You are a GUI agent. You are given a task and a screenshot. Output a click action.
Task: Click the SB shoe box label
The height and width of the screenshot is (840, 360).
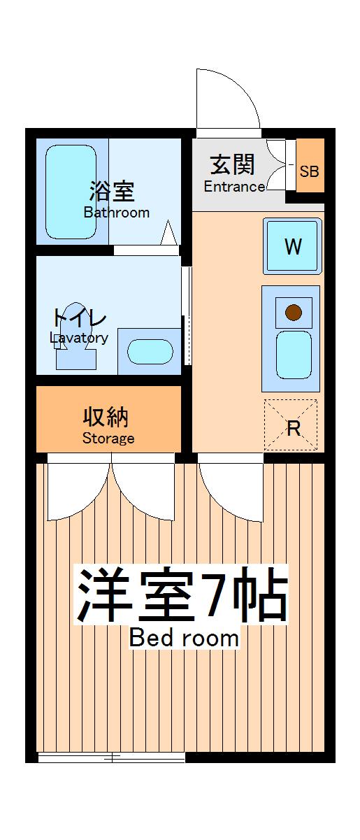310,170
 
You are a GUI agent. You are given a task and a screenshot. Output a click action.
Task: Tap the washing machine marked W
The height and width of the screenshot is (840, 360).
293,246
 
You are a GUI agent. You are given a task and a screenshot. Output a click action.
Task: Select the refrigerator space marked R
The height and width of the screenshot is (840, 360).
291,426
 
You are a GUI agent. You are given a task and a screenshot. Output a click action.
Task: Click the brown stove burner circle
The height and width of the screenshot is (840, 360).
293,312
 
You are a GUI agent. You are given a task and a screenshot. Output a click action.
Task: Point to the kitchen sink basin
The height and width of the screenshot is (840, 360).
293,354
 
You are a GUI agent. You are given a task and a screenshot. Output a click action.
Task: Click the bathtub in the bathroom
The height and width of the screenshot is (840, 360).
71,192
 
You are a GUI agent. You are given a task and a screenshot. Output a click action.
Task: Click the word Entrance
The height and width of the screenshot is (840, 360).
234,187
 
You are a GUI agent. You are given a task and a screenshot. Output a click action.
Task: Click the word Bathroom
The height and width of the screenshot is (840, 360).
117,213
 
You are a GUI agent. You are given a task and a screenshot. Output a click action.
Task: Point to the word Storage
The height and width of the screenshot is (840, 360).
108,439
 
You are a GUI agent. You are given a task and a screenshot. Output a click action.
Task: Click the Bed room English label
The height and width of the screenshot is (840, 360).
184,638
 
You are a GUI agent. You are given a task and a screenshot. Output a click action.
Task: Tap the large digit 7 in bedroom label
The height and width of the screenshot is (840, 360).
218,594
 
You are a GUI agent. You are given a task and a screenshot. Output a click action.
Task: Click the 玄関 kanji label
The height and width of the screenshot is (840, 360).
232,165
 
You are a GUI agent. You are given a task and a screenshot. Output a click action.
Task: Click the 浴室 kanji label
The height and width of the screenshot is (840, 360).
112,190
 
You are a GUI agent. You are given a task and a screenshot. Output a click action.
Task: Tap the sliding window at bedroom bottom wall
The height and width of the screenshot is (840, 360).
112,757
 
